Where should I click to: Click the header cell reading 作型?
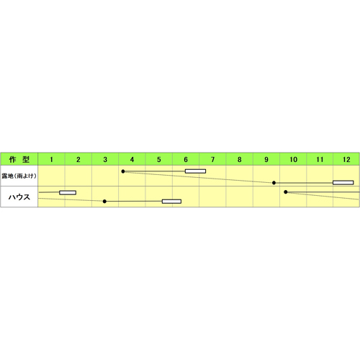click(19, 159)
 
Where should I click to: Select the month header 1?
click(51, 160)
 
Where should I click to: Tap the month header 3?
click(105, 160)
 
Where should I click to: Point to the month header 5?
click(159, 160)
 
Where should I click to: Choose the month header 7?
click(212, 160)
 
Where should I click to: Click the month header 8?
click(240, 160)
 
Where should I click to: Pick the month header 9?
click(266, 160)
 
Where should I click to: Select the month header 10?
click(293, 160)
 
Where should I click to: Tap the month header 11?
click(320, 160)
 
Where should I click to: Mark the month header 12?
click(346, 160)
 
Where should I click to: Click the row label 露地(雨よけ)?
click(19, 176)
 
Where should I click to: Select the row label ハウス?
click(19, 197)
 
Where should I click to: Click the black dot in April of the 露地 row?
click(123, 171)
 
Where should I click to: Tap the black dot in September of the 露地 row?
click(274, 183)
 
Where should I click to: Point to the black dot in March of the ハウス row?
click(104, 202)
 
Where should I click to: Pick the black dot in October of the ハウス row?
click(286, 192)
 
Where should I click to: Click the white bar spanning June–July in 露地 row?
click(195, 171)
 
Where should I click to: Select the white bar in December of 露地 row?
click(343, 183)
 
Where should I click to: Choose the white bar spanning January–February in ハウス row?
click(68, 192)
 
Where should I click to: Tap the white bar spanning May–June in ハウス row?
click(171, 202)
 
